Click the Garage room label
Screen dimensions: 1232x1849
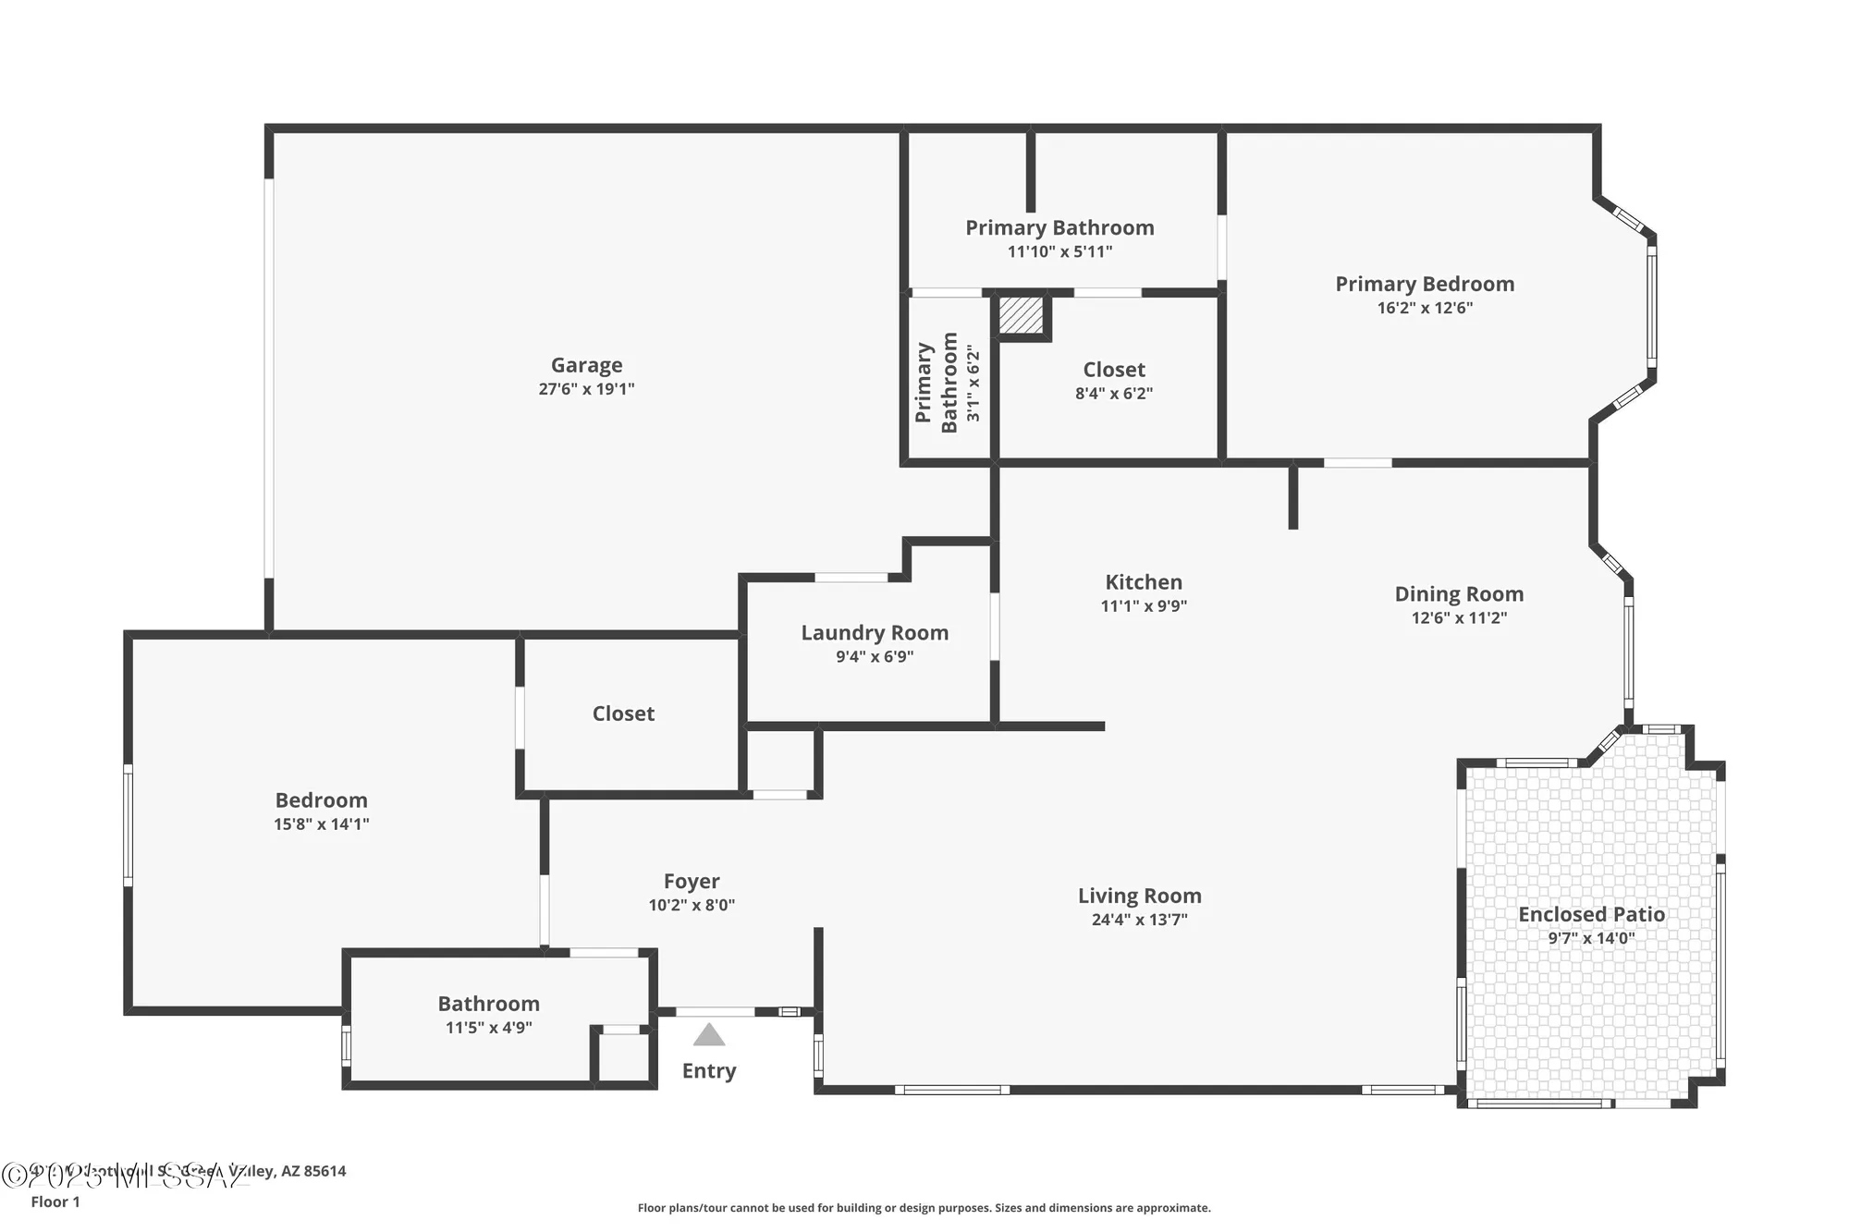(586, 365)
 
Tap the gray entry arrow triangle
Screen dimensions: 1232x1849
(709, 1035)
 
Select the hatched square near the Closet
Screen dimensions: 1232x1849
(1021, 315)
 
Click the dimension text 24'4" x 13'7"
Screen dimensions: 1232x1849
(1139, 920)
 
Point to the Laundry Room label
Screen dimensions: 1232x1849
(875, 633)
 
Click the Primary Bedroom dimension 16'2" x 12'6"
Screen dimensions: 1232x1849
(1425, 308)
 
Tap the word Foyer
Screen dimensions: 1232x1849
(692, 882)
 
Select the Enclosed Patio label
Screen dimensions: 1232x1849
(1591, 914)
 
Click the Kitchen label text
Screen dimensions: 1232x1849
(1144, 582)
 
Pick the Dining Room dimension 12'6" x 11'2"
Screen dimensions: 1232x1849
(1459, 618)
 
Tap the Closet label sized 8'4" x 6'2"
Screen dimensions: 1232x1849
(1114, 370)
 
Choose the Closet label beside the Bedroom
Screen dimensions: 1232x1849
(623, 714)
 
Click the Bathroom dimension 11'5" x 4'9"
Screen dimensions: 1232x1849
(488, 1028)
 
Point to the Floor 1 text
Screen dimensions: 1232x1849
(55, 1202)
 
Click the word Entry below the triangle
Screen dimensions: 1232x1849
(709, 1071)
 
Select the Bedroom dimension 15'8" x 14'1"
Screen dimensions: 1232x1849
(321, 824)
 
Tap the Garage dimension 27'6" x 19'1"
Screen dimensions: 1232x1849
(586, 389)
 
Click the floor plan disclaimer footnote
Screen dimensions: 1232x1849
(924, 1208)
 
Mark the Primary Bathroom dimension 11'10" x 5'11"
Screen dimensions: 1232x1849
(1059, 251)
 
